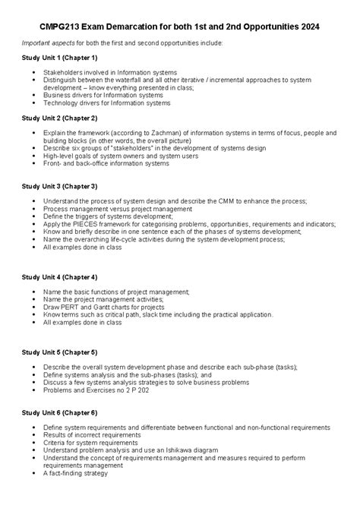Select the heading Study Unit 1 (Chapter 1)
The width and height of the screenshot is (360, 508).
(x=60, y=58)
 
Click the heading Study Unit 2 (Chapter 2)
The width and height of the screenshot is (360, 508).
(x=60, y=118)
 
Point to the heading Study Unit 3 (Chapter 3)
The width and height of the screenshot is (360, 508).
(x=60, y=186)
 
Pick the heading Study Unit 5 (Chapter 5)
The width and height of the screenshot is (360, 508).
(x=60, y=352)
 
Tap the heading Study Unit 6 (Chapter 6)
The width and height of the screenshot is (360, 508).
(x=60, y=413)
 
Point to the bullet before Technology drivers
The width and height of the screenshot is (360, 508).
(x=34, y=103)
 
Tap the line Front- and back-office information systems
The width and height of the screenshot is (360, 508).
(x=106, y=163)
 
